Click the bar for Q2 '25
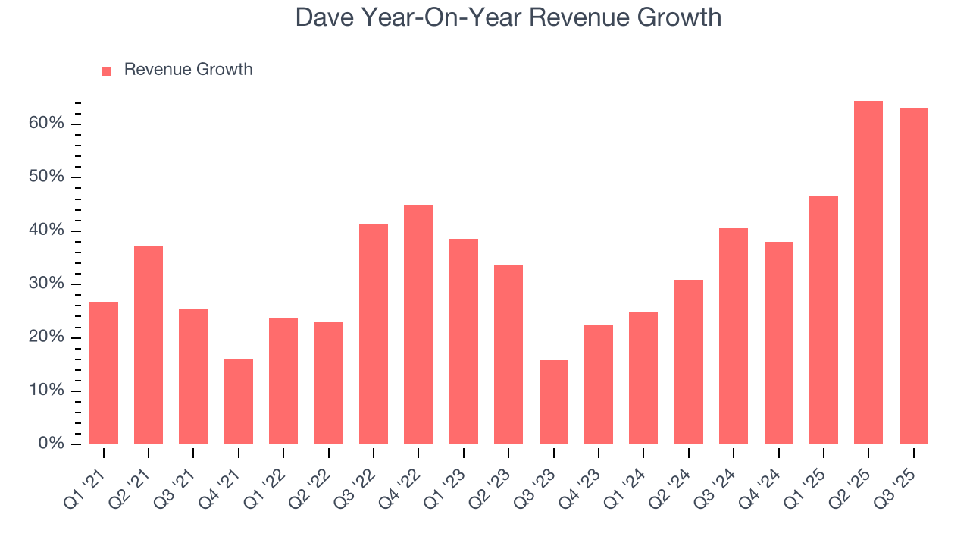click(x=868, y=273)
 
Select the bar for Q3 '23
click(x=553, y=402)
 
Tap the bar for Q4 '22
click(x=418, y=325)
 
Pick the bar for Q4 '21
click(x=239, y=401)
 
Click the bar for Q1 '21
click(x=104, y=373)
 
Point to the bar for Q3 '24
click(x=734, y=336)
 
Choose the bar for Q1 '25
click(x=824, y=320)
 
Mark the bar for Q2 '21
click(x=149, y=345)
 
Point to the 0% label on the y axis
click(x=52, y=444)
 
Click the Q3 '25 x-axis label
click(x=902, y=482)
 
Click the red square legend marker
click(x=107, y=71)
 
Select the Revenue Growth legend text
click(x=188, y=70)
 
